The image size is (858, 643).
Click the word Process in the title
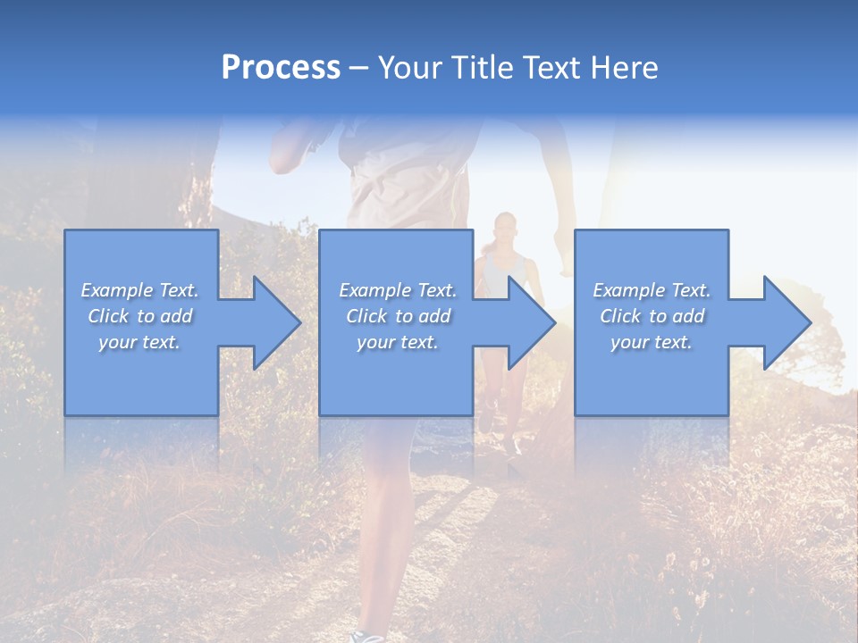281,68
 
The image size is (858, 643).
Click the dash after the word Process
358,70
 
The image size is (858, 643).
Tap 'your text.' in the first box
139,342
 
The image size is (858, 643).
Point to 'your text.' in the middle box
398,342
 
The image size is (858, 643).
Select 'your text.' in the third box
652,342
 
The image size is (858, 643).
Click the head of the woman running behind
505,225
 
